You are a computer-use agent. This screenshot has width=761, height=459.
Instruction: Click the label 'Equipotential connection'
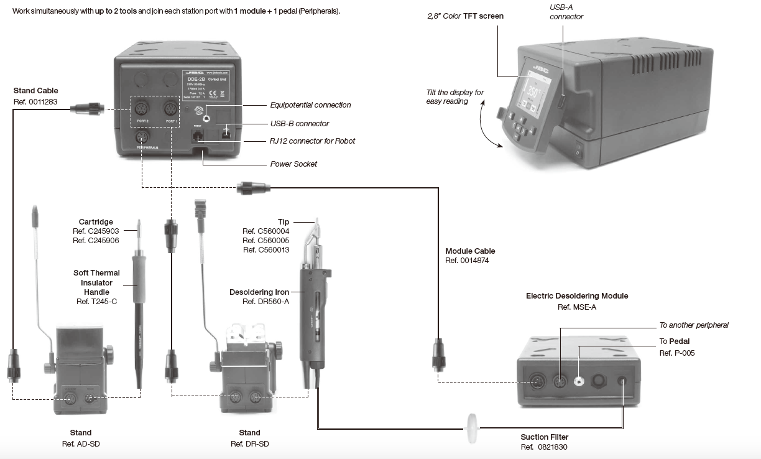310,105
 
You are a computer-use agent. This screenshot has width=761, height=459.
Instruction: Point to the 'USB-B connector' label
300,124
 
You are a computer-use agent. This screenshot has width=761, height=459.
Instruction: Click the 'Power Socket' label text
293,164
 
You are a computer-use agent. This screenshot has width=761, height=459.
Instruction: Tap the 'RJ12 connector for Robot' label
313,141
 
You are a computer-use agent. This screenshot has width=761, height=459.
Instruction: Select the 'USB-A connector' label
566,12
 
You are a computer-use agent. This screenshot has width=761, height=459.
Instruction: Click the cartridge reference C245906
96,241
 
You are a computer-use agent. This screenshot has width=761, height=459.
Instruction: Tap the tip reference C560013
265,250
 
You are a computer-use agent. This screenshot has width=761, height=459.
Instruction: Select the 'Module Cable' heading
470,251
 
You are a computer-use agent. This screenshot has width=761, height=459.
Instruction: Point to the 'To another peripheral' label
694,325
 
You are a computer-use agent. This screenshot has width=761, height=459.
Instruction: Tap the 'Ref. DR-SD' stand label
249,443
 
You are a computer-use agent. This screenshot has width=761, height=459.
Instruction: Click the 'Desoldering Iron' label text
259,292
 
